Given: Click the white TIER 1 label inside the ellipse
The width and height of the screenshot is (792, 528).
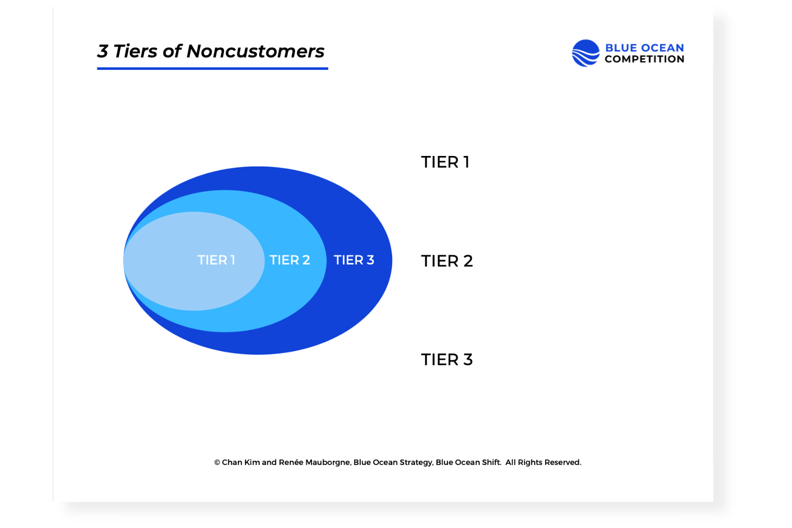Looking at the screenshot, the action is coord(216,260).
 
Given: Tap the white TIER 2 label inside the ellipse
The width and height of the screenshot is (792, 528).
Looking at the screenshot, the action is coord(289,260).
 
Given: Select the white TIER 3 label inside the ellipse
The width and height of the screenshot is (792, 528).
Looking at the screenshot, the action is coord(354,260).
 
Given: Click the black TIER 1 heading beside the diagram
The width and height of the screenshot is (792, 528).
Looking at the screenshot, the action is coord(445,162).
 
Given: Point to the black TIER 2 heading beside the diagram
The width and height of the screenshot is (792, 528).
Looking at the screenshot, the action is coord(447,261).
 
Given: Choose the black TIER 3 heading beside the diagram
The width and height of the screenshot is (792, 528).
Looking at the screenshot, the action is coord(447,360).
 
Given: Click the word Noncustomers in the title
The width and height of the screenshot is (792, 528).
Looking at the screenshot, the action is coord(255,51).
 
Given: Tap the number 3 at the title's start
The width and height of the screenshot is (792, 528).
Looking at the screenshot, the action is coord(103,51).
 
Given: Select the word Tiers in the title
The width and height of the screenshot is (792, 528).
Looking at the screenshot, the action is coord(135,51).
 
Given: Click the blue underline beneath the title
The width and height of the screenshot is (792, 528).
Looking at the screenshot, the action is coord(213,68).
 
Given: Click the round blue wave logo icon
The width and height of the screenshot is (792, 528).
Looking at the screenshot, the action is coord(586,53).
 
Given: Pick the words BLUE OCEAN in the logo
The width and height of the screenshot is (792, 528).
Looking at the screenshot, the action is coord(644,48).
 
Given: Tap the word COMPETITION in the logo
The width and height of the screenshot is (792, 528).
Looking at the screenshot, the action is coord(644,59).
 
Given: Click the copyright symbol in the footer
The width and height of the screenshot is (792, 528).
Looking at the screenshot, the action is coord(217,462).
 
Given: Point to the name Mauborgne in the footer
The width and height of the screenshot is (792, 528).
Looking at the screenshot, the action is coord(328,462).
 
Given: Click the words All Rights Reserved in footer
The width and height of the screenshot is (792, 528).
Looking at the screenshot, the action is coord(543,462).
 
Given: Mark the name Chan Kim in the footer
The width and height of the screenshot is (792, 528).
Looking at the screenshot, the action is coord(241,462).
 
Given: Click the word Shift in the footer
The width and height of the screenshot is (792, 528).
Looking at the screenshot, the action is coord(491,462).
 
